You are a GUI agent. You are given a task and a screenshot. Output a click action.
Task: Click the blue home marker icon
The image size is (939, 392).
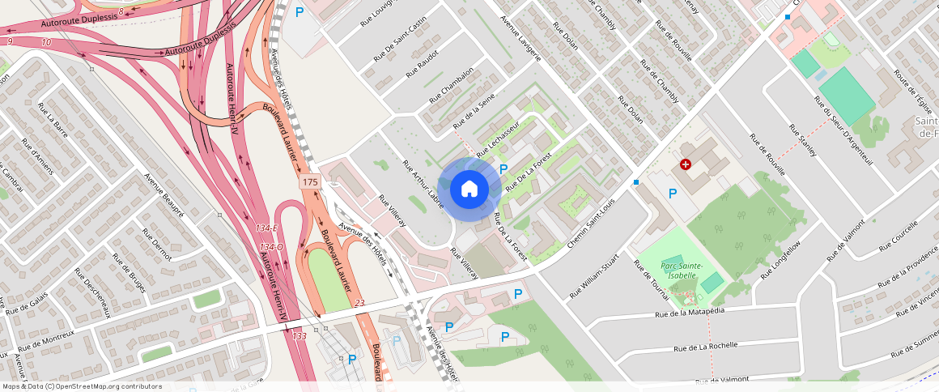click(469, 190)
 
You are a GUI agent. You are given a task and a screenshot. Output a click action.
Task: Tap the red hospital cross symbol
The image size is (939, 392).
click(686, 164)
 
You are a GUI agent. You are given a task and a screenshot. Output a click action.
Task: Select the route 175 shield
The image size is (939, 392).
click(309, 182)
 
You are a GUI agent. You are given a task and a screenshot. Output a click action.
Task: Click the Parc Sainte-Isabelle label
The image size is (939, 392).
click(682, 270)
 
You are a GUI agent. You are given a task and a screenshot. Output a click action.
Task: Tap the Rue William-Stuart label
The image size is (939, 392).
click(594, 278)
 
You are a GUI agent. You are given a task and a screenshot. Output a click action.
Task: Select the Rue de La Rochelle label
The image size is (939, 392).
click(706, 346)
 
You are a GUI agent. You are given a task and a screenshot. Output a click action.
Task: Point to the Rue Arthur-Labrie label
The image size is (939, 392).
click(423, 185)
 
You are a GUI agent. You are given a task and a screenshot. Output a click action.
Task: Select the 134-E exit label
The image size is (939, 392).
click(269, 228)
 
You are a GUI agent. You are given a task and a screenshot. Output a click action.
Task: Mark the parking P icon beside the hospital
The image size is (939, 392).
click(672, 194)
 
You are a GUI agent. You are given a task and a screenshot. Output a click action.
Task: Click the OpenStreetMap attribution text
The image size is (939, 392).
click(82, 386)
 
